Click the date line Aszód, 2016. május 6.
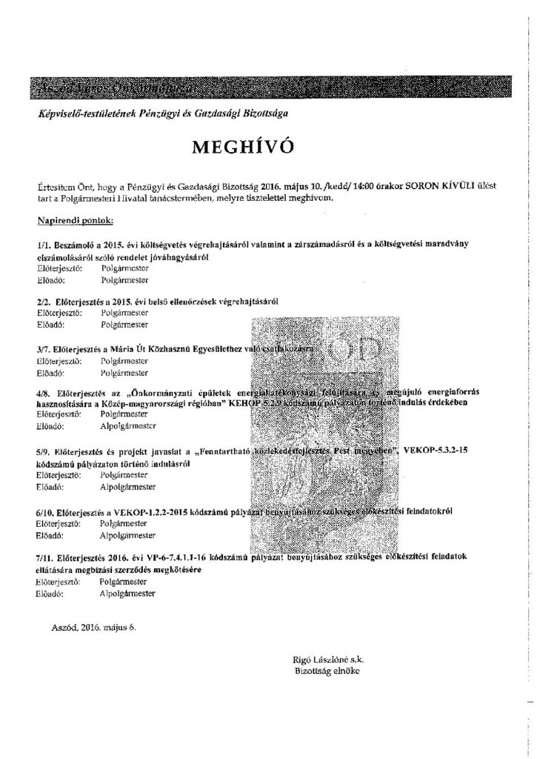click(x=91, y=626)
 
